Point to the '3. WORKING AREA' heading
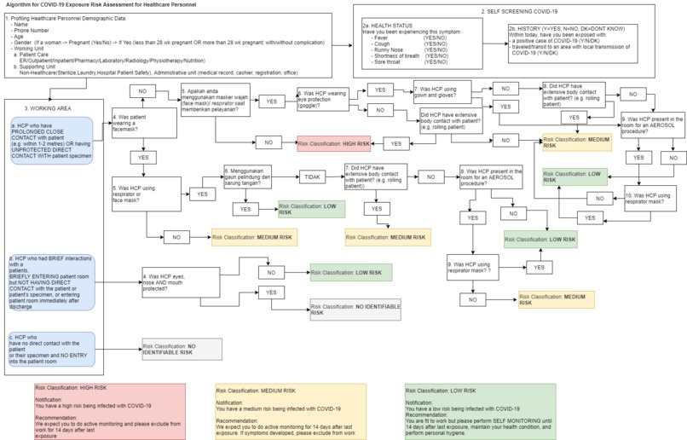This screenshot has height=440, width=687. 42,107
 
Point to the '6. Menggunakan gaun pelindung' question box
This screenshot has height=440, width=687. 253,177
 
